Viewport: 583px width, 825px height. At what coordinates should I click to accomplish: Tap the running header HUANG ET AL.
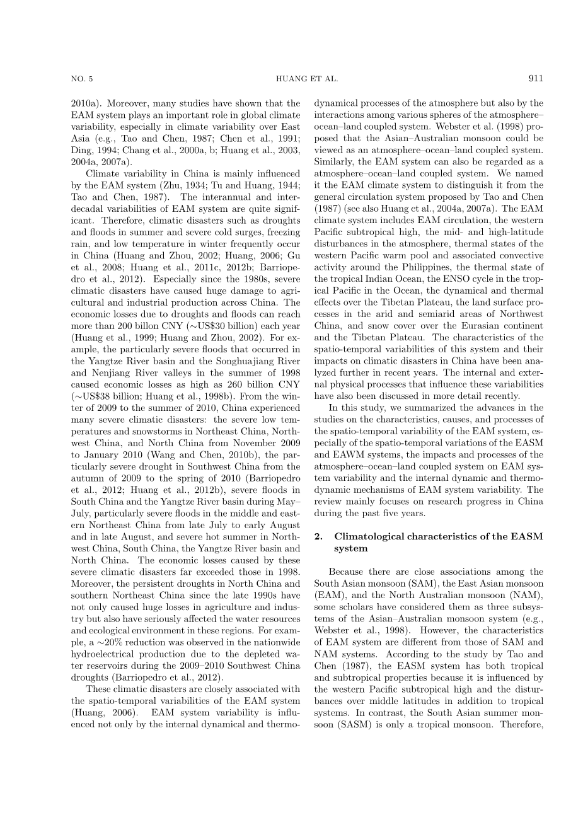(307, 79)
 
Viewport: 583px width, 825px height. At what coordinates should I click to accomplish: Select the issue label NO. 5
(82, 79)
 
